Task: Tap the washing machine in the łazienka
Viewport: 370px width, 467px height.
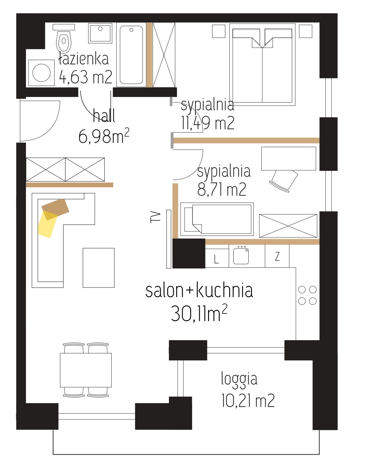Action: coord(41,73)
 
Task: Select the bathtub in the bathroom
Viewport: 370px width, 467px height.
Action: coord(131,55)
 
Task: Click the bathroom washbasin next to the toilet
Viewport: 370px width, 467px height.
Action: coord(100,33)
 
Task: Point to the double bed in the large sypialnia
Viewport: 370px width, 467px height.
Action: coord(262,65)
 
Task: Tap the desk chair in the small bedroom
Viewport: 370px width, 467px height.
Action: coord(284,181)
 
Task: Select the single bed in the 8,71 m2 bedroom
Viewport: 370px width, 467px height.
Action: coord(217,219)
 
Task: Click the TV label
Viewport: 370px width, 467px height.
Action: coord(156,217)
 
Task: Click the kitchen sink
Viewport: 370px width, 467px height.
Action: coord(241,256)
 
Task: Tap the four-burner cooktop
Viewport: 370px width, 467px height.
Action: coord(308,295)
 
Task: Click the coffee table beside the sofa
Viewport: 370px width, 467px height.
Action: coord(98,268)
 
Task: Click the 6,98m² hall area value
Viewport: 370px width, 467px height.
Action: coord(104,136)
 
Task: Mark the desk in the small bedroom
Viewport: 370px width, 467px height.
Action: coord(289,159)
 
